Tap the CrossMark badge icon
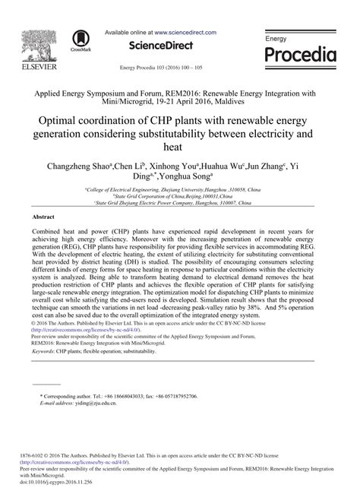78,42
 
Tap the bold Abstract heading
44,217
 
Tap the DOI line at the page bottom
62,483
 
